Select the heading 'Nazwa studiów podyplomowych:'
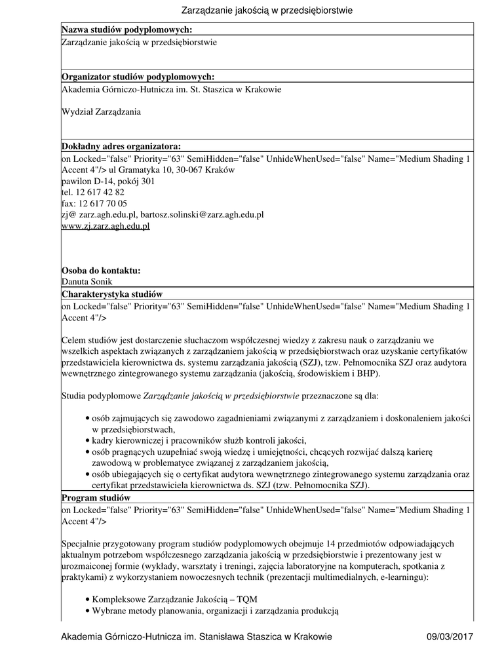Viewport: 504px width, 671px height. tap(126, 29)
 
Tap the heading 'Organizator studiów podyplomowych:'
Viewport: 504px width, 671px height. tap(138, 77)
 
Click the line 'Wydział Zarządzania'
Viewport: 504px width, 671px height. tap(101, 111)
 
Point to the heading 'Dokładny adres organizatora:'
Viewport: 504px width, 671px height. tap(121, 146)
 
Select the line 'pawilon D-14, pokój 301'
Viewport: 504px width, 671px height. tap(108, 182)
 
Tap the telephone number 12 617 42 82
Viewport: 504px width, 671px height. tap(100, 193)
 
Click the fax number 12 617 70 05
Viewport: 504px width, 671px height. tap(101, 204)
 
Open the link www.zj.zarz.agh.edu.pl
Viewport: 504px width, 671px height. tap(106, 226)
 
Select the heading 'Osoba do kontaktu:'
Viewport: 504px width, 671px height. tap(101, 270)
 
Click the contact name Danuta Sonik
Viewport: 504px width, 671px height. tap(87, 281)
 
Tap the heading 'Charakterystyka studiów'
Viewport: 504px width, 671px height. tap(111, 294)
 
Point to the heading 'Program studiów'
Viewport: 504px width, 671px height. tap(96, 498)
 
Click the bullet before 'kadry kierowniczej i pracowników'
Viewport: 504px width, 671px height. tap(88, 440)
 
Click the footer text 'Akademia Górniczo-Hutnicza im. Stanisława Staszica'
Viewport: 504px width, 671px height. tap(196, 637)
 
